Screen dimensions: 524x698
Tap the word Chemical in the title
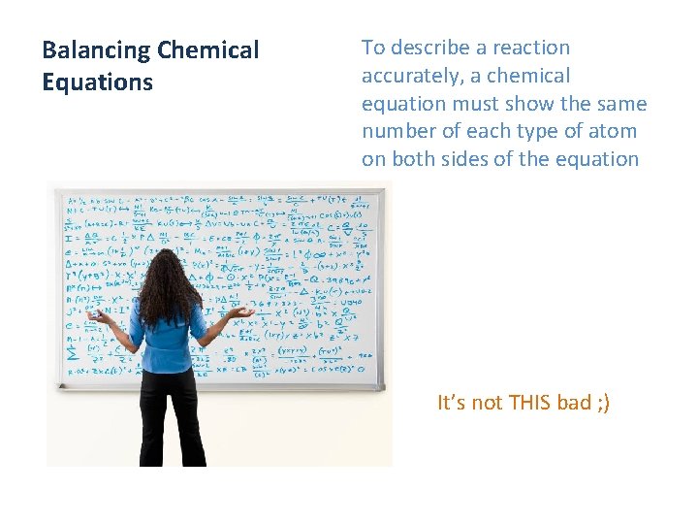tap(207, 50)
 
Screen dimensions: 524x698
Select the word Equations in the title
tap(97, 82)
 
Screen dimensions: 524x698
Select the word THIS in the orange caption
tap(529, 403)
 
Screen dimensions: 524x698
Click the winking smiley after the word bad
tap(604, 403)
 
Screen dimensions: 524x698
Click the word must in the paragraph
tap(469, 104)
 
